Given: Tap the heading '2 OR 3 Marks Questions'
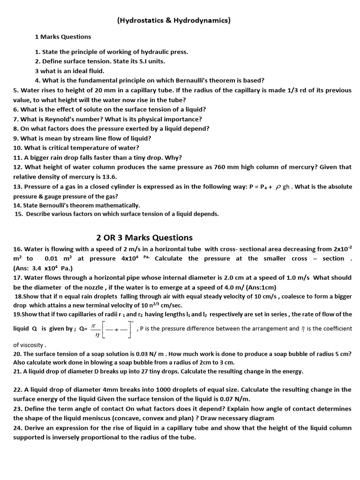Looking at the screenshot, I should click(x=141, y=237).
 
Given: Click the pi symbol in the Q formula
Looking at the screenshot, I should click(x=93, y=324).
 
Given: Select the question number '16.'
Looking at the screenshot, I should click(x=18, y=249).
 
